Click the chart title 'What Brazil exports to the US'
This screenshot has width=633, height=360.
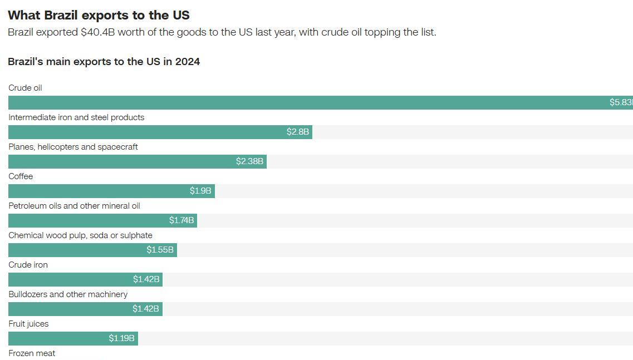[x=99, y=15]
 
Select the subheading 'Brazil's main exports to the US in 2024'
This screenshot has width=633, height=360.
[x=104, y=62]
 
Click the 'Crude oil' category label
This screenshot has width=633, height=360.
[x=25, y=88]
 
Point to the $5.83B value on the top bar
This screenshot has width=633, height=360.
[x=621, y=102]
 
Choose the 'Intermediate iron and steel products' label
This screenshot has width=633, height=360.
[x=76, y=117]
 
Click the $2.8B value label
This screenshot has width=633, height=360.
[x=298, y=132]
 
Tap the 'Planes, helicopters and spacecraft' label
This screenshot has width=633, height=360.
[x=73, y=147]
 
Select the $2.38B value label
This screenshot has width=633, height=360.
[x=249, y=161]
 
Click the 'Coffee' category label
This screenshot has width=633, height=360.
[x=21, y=176]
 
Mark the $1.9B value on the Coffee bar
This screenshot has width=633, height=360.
[x=200, y=191]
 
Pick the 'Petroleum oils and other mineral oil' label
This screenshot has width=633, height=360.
[x=74, y=206]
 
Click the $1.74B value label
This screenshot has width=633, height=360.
[x=181, y=220]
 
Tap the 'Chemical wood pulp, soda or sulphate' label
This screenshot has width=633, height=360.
[x=80, y=235]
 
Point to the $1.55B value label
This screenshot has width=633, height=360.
[x=160, y=250]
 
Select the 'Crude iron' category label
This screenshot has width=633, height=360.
[x=28, y=265]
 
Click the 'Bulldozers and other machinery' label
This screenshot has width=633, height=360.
[x=68, y=294]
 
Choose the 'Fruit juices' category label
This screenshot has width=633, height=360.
[x=28, y=324]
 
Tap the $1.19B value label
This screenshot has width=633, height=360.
[x=121, y=338]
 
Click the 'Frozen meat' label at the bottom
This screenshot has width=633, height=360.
[x=32, y=353]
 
